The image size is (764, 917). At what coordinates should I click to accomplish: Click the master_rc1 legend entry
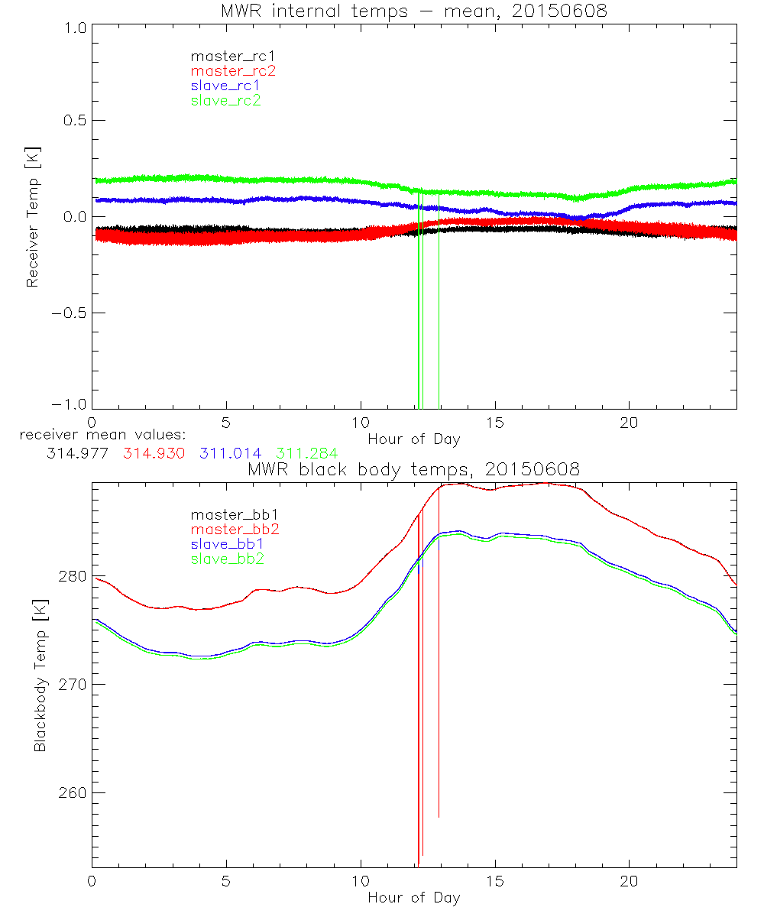coord(225,57)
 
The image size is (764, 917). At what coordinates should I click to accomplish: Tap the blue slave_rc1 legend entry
coord(225,86)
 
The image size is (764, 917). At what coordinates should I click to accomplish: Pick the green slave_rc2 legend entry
coord(225,100)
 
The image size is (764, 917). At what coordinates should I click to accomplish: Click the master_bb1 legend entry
coord(228,515)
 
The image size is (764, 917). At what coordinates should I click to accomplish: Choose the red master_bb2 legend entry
coord(228,530)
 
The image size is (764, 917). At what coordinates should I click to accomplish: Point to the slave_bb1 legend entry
coord(228,545)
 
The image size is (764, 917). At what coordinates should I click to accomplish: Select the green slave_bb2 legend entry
coord(228,559)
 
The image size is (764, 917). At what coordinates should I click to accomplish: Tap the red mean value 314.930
coord(154,453)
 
